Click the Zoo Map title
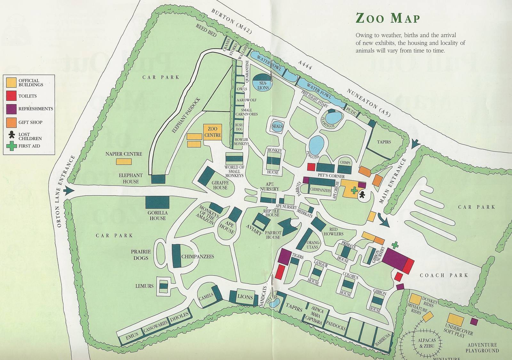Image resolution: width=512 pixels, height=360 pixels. (388, 18)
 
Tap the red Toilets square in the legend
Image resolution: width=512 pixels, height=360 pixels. (12, 96)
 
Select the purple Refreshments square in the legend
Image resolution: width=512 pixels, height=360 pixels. (12, 109)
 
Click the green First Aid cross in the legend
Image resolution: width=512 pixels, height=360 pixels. (12, 146)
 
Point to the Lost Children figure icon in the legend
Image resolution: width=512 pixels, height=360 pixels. (12, 134)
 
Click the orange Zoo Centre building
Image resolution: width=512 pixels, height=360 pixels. (212, 132)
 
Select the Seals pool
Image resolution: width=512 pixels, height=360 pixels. (277, 126)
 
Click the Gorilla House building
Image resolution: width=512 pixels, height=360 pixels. (157, 202)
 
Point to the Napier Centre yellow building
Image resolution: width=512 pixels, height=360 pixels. (124, 161)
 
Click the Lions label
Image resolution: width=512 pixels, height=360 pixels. (245, 297)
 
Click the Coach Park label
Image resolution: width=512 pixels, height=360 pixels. (444, 275)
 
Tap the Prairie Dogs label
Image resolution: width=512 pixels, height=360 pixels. (141, 255)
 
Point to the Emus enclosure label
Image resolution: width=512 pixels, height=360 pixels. (132, 335)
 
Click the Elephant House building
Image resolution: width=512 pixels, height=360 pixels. (158, 179)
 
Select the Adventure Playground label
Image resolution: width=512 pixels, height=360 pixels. (482, 348)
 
